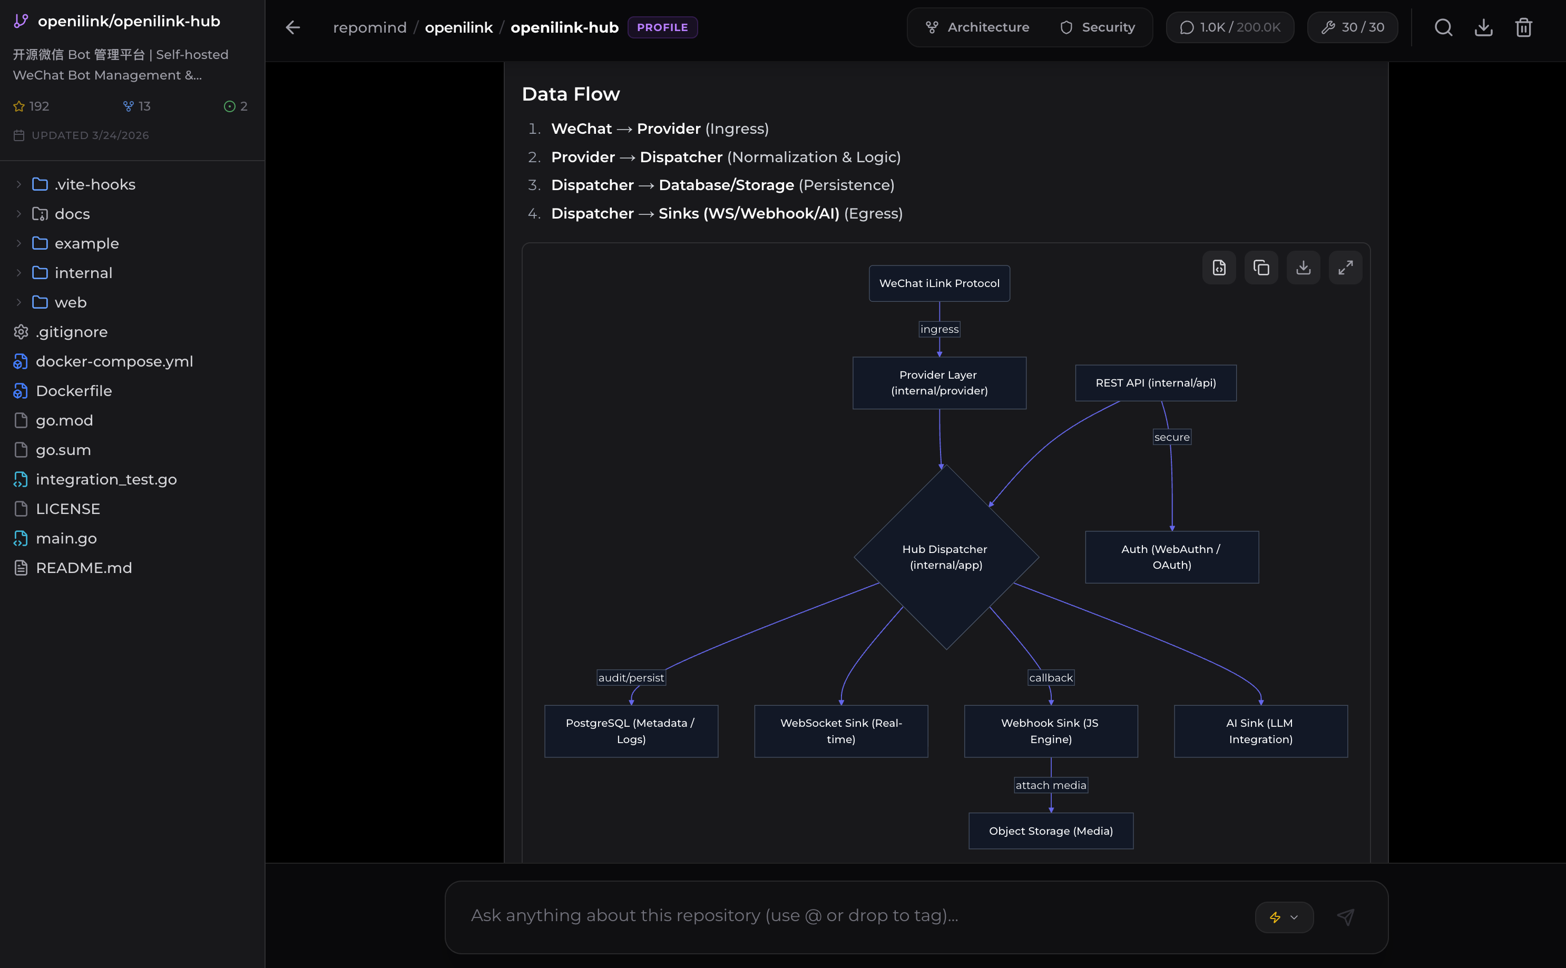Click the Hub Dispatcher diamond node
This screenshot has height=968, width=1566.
pyautogui.click(x=946, y=557)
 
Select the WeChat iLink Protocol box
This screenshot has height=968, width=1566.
pyautogui.click(x=939, y=283)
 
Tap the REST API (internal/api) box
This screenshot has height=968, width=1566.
pyautogui.click(x=1156, y=383)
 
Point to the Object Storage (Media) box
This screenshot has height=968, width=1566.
pyautogui.click(x=1050, y=831)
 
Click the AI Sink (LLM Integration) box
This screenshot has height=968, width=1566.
pyautogui.click(x=1260, y=731)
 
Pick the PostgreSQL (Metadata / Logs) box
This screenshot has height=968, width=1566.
pyautogui.click(x=631, y=731)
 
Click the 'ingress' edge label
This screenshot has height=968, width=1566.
pyautogui.click(x=939, y=329)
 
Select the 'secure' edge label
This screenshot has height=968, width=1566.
pyautogui.click(x=1171, y=437)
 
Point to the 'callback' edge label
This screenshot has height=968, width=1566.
pyautogui.click(x=1050, y=678)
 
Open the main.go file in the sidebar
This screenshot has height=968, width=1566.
pyautogui.click(x=66, y=538)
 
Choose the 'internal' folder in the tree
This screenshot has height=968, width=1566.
pyautogui.click(x=83, y=273)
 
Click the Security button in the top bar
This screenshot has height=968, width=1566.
pyautogui.click(x=1097, y=27)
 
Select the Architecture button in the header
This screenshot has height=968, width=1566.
pyautogui.click(x=977, y=27)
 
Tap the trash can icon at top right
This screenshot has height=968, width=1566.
pyautogui.click(x=1523, y=27)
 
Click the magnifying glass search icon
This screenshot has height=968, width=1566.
pyautogui.click(x=1443, y=27)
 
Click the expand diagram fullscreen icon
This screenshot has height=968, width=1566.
pyautogui.click(x=1345, y=268)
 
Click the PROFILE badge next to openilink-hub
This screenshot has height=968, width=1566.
pyautogui.click(x=662, y=27)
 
